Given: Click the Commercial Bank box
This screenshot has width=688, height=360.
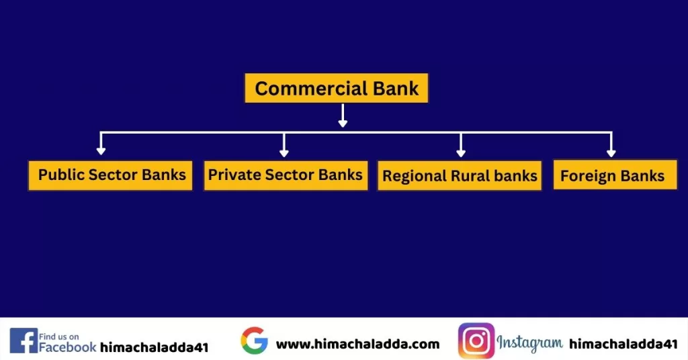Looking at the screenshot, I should pos(336,88).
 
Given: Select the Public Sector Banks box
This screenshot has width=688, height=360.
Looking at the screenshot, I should pos(111,175).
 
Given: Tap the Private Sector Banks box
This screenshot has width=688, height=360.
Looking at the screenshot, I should pos(286,175).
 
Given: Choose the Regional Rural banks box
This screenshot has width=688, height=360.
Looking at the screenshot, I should pos(460,176).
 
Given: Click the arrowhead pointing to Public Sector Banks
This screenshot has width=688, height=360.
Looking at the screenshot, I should pos(101,152).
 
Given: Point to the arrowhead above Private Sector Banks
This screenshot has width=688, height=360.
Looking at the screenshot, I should pos(284,152).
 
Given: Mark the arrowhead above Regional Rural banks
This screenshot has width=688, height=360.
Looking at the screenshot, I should pos(461,152).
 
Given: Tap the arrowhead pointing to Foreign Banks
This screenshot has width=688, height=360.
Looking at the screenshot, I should pos(611,152).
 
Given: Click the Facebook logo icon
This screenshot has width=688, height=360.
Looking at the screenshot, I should pos(24,341).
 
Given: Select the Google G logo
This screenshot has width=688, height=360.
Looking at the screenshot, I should pos(254,341).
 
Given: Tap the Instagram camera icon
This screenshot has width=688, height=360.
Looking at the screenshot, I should pos(476,341).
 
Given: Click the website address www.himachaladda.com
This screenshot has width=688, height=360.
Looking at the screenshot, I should pos(357,344).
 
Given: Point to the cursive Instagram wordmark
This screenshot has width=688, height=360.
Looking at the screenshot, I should pos(530,343).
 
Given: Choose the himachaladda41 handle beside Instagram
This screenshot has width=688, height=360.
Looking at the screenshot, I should pos(623,344).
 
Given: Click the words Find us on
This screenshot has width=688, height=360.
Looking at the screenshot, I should pos(59,336).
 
